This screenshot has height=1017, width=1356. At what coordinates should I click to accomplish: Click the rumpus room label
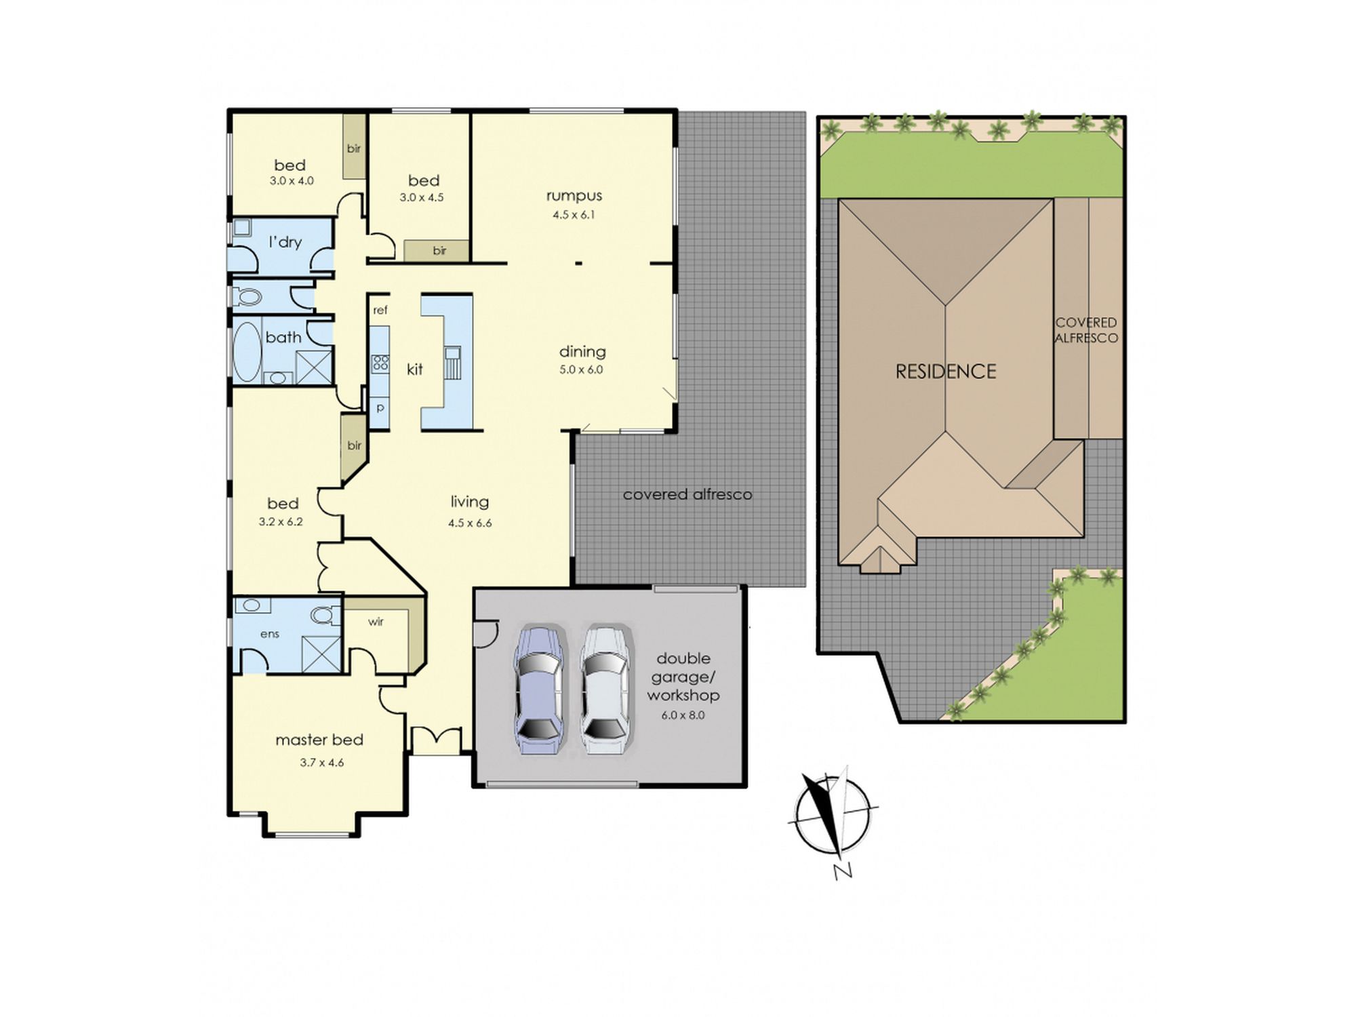(x=574, y=196)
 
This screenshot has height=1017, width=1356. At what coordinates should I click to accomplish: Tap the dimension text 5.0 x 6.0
(x=581, y=370)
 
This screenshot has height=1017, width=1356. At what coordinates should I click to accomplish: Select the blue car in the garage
(x=540, y=689)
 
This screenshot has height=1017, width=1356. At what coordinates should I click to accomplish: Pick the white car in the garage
(x=605, y=689)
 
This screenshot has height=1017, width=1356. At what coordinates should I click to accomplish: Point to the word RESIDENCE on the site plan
(x=946, y=372)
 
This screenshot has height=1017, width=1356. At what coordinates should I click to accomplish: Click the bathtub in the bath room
(x=247, y=352)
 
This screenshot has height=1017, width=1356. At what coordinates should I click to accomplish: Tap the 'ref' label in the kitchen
(x=380, y=311)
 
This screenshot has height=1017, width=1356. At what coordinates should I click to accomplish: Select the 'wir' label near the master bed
(x=376, y=621)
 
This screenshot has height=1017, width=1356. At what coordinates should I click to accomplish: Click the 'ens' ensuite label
(x=270, y=634)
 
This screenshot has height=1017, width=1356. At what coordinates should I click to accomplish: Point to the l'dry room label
(x=285, y=242)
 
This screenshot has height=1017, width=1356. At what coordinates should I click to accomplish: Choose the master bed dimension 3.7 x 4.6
(x=322, y=763)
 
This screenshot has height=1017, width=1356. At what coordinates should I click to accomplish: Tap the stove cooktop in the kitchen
(x=380, y=363)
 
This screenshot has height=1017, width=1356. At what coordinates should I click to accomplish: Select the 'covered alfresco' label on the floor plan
(x=687, y=494)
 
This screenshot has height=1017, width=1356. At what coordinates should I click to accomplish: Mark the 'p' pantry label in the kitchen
(x=380, y=408)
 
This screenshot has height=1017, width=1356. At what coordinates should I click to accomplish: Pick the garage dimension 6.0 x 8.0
(x=683, y=715)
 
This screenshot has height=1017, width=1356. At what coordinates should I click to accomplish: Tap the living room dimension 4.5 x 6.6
(x=470, y=523)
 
